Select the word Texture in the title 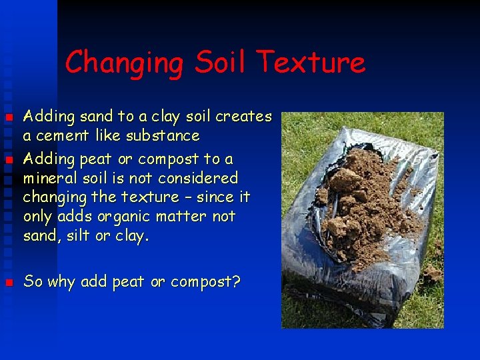tap(311, 63)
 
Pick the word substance tap(166, 136)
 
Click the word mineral tap(49, 178)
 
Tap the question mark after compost tap(236, 281)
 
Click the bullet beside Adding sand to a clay tap(9, 118)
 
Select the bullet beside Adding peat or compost tap(9, 160)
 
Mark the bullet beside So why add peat tap(9, 283)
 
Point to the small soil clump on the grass tap(432, 273)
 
